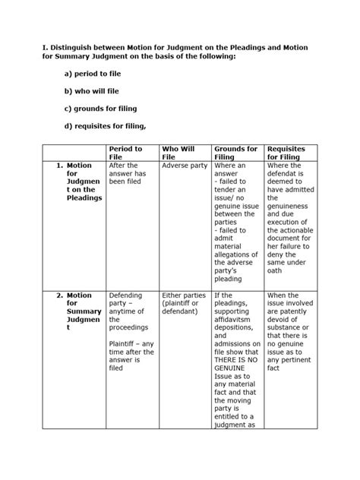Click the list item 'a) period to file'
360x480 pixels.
click(93, 73)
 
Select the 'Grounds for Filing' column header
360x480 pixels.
click(236, 153)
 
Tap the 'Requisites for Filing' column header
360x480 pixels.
click(290, 153)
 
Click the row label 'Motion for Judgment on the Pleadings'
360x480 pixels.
click(80, 182)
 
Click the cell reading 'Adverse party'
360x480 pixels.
click(184, 166)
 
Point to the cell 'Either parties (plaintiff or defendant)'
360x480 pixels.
click(185, 304)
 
